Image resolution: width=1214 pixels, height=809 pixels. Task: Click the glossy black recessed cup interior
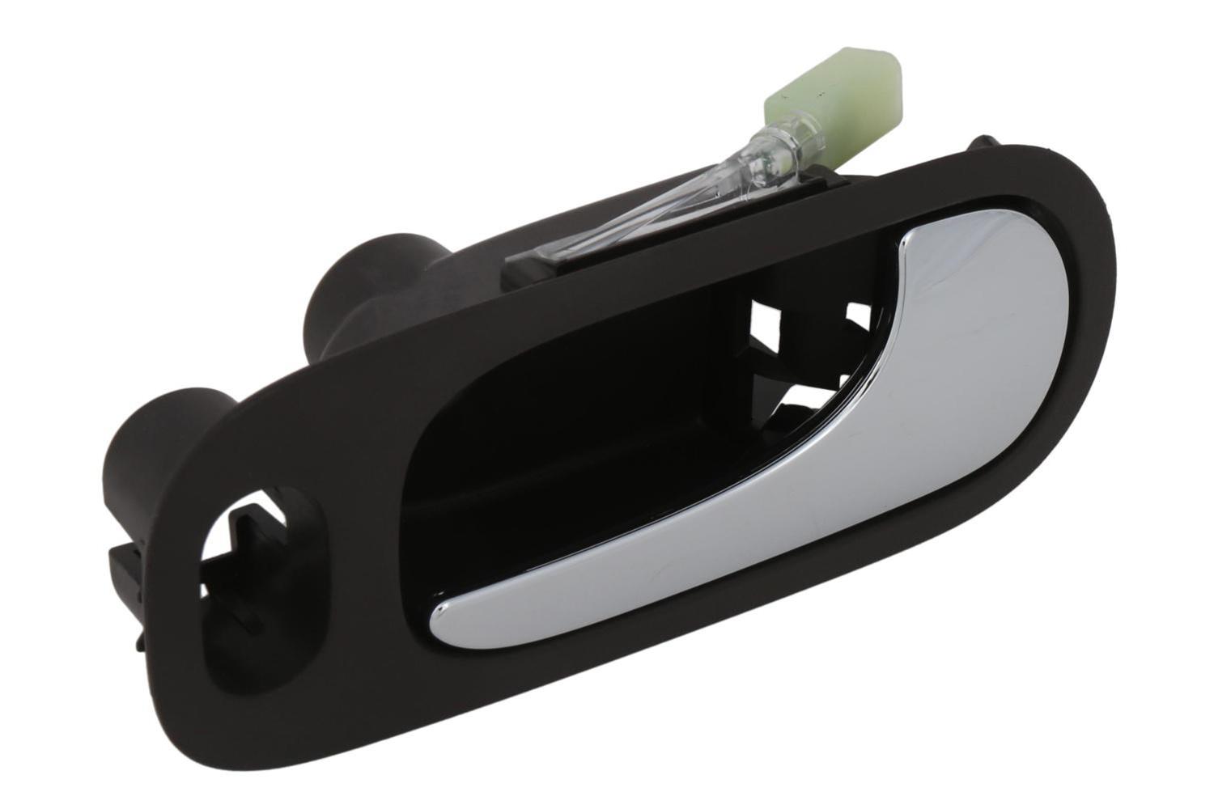click(x=567, y=453)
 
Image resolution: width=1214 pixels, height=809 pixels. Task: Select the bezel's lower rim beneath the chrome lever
click(x=728, y=631)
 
